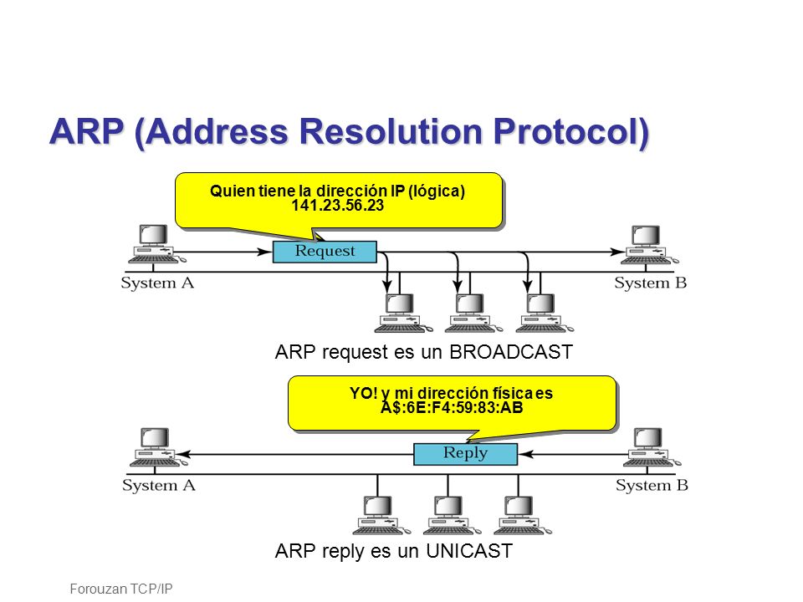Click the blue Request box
[325, 252]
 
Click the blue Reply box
[466, 454]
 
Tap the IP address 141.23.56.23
[337, 206]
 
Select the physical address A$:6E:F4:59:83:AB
[452, 408]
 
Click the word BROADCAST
[510, 352]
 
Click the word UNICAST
[469, 551]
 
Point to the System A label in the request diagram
[157, 283]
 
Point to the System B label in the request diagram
[651, 283]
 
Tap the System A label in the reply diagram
[159, 485]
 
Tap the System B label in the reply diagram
[652, 485]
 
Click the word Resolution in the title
[391, 131]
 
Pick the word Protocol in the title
[567, 131]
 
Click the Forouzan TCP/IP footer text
[120, 589]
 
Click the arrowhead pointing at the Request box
[265, 252]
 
